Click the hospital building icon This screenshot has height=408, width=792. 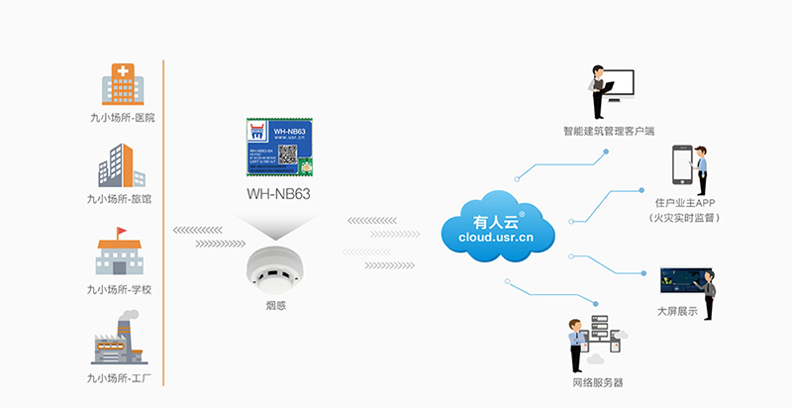(x=121, y=84)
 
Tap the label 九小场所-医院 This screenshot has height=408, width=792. (x=121, y=117)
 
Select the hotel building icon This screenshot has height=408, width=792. (x=121, y=165)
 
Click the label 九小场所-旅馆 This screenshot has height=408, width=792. (x=121, y=198)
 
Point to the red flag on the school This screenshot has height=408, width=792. (x=122, y=233)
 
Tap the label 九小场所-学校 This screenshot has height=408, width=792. (x=121, y=289)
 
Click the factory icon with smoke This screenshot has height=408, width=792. (x=120, y=341)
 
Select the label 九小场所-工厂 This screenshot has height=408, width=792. (x=121, y=378)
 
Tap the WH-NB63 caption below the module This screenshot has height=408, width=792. (x=278, y=194)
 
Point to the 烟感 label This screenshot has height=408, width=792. (x=278, y=305)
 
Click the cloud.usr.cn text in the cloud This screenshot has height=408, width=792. (x=497, y=238)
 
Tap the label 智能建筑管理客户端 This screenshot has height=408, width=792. (x=609, y=131)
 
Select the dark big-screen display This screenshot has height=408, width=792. (x=682, y=278)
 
